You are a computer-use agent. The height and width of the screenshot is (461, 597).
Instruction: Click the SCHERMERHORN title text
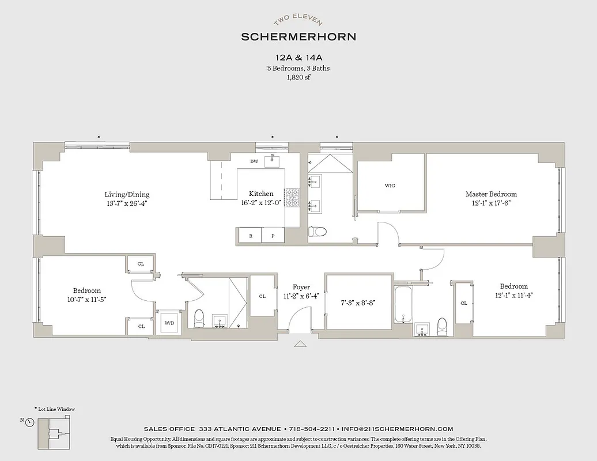298,36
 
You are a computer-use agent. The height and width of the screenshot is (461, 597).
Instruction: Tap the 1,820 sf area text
298,77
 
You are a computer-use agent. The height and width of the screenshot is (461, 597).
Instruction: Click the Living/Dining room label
127,194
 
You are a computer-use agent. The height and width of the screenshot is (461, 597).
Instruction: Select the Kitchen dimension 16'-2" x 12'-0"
261,203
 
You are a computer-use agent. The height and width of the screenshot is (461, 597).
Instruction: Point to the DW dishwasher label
254,161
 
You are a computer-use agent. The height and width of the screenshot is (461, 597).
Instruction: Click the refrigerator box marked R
250,236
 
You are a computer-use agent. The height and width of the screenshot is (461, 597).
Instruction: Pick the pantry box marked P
273,236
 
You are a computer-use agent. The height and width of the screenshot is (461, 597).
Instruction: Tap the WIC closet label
390,186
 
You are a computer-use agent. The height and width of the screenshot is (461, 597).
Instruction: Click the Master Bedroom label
491,194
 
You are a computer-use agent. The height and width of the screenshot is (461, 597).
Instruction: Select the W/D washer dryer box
169,323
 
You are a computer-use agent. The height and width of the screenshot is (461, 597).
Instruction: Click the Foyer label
301,287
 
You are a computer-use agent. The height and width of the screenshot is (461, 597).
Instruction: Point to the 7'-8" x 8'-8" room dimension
358,302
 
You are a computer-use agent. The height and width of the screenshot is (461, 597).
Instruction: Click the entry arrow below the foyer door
300,344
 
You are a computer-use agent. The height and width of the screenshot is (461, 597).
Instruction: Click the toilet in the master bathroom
318,232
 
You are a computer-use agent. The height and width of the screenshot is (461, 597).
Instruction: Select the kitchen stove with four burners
293,198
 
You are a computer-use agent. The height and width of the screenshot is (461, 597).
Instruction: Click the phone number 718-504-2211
311,429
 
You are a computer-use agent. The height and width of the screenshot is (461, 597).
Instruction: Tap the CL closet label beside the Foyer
262,296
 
